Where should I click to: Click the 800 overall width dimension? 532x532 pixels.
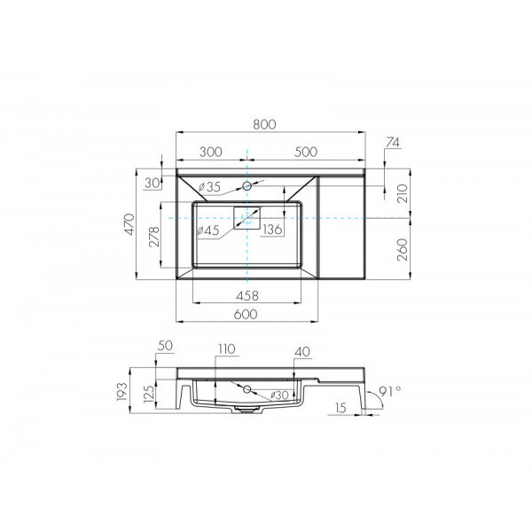coord(263,125)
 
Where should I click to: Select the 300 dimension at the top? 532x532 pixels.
coord(211,152)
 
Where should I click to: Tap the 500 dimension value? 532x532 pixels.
coord(305,152)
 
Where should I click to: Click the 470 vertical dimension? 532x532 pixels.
coord(129,226)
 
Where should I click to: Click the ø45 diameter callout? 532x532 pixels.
coord(208,231)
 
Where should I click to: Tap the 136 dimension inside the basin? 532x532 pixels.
coord(273,231)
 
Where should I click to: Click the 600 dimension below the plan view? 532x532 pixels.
coord(246,314)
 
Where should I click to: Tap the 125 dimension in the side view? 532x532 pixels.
coord(149,391)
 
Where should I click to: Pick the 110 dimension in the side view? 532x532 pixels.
coord(226,349)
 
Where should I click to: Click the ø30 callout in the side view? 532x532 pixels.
coord(278,394)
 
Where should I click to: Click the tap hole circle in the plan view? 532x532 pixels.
coord(249,186)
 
